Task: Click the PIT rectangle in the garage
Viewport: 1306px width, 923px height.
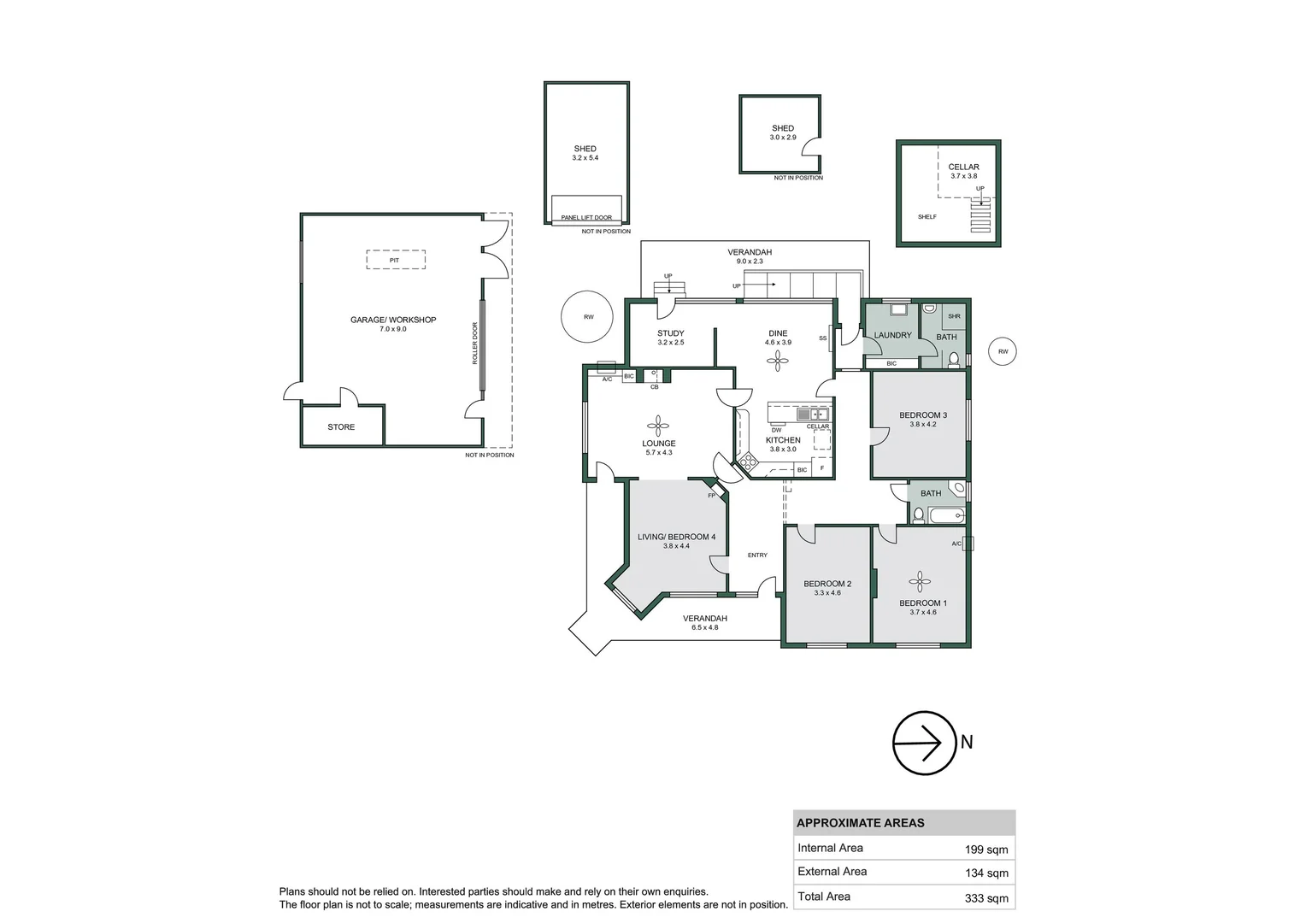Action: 395,260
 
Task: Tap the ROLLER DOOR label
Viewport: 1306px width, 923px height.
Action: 475,344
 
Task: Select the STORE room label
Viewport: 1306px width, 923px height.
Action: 341,427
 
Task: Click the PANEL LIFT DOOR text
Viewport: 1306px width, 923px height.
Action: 586,218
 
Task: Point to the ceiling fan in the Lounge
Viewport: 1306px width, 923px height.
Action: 659,426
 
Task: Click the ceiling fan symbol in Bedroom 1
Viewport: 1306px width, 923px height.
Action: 920,583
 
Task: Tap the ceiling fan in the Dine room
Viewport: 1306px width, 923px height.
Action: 777,362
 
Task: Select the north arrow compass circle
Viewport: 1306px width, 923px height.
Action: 924,743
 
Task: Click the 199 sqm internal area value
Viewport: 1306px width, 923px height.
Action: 986,850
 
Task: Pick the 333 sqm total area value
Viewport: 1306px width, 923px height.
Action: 986,898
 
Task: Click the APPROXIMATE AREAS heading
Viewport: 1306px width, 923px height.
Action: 860,823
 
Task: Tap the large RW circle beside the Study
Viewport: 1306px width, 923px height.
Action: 587,317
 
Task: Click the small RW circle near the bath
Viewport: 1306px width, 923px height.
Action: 1003,351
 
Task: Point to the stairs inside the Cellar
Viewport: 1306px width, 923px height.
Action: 980,215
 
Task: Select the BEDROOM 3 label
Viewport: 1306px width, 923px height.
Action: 923,415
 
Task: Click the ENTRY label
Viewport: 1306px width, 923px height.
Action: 757,556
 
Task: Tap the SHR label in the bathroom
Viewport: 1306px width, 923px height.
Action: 954,316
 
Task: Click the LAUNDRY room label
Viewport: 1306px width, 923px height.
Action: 892,335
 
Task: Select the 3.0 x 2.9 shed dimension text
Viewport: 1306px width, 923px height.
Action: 783,138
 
